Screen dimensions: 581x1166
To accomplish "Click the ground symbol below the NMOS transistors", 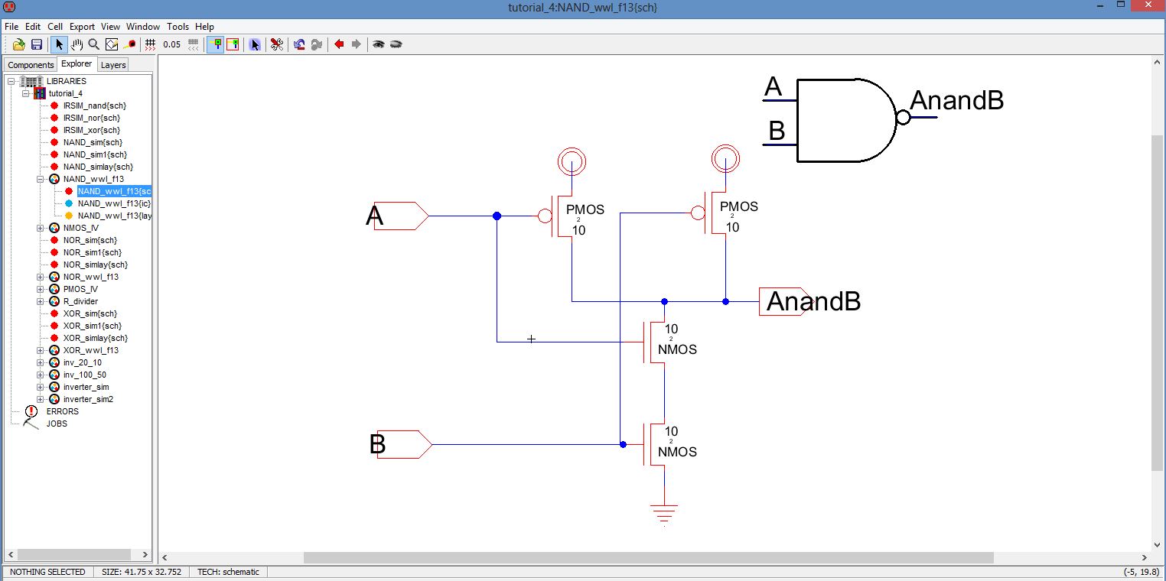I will pyautogui.click(x=664, y=513).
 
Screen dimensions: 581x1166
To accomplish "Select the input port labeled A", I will pyautogui.click(x=400, y=216).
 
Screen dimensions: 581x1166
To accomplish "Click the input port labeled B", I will pyautogui.click(x=404, y=444).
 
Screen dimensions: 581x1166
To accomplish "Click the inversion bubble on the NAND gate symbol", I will pyautogui.click(x=903, y=118).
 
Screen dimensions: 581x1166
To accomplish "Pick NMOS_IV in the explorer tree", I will pyautogui.click(x=80, y=228).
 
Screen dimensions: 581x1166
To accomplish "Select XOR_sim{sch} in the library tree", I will pyautogui.click(x=90, y=313).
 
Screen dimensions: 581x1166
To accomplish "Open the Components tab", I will pyautogui.click(x=31, y=65).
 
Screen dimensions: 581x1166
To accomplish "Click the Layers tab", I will pyautogui.click(x=113, y=65).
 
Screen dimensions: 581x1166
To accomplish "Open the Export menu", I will pyautogui.click(x=82, y=27).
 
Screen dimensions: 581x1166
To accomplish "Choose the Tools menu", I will pyautogui.click(x=178, y=27).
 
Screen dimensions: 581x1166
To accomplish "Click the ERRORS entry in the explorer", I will pyautogui.click(x=62, y=411).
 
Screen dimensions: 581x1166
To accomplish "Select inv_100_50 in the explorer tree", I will pyautogui.click(x=84, y=375).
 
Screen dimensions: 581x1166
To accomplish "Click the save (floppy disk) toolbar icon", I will pyautogui.click(x=36, y=44).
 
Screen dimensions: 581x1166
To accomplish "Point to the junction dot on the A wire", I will pyautogui.click(x=497, y=216).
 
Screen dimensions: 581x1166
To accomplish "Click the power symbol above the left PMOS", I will pyautogui.click(x=572, y=161).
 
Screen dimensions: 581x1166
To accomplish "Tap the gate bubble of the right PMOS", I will pyautogui.click(x=698, y=213).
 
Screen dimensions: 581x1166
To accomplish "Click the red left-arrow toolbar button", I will pyautogui.click(x=339, y=44).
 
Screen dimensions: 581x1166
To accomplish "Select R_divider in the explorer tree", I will pyautogui.click(x=80, y=301).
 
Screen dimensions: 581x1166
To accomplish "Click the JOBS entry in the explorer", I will pyautogui.click(x=57, y=424).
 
